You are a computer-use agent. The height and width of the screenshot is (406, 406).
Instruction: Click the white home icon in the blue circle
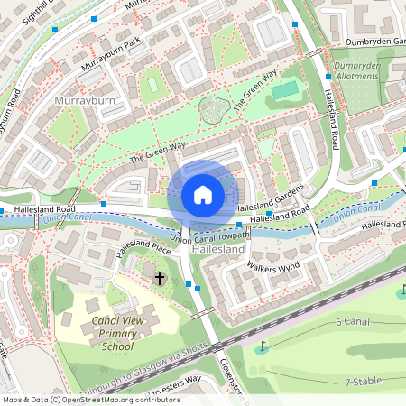203,194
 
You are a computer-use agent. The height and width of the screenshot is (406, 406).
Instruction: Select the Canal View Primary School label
112,334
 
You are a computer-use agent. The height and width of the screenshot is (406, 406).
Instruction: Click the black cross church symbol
160,280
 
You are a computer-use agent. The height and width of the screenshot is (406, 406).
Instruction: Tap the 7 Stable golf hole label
364,383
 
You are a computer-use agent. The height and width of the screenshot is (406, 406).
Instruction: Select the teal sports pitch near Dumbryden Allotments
284,90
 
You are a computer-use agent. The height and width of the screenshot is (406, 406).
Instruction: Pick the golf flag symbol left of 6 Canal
263,346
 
